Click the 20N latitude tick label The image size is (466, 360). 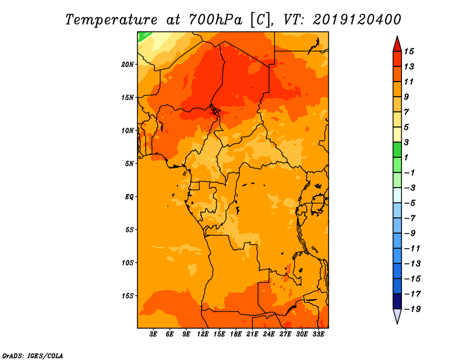[127, 65]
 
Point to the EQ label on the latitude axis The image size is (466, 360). [129, 197]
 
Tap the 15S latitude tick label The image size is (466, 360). [127, 296]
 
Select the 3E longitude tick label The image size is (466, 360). [153, 334]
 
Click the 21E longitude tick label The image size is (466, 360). [252, 334]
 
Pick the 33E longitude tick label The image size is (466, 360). [318, 334]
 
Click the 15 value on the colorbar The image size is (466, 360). [409, 51]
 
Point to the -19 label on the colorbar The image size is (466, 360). [412, 309]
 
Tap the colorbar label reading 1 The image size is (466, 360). [406, 157]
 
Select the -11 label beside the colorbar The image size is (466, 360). [412, 249]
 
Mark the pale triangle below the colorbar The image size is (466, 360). [397, 316]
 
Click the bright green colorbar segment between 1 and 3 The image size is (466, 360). [397, 150]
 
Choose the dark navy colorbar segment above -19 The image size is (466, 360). [397, 301]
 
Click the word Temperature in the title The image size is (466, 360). [111, 20]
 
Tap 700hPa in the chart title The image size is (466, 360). [216, 20]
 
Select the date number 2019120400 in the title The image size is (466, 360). [357, 20]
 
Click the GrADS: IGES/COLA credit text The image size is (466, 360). [33, 355]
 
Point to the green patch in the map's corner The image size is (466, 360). [142, 36]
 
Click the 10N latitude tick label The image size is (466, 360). [127, 130]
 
